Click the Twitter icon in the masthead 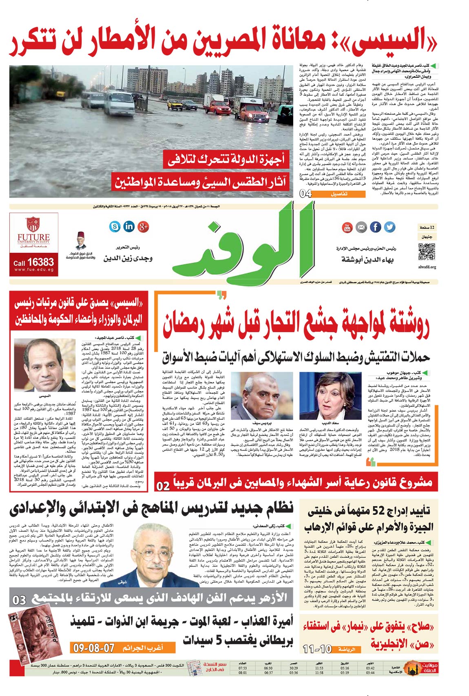[x=390, y=227]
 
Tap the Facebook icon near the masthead [x=375, y=227]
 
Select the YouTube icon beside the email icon [x=347, y=227]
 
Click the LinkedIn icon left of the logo [x=129, y=227]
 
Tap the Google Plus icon [x=144, y=227]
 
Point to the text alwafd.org [x=427, y=267]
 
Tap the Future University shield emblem [x=33, y=225]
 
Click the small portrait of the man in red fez [x=80, y=241]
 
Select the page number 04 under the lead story [x=305, y=194]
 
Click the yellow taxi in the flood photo [x=175, y=105]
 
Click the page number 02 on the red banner [x=163, y=486]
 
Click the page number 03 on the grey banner [x=19, y=600]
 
